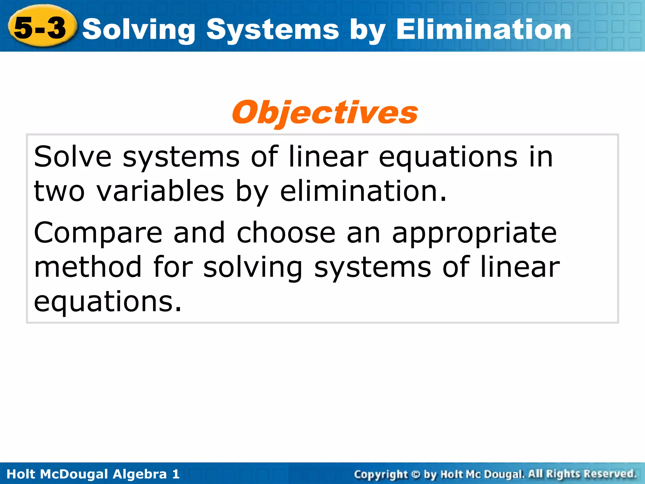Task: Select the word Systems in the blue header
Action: pos(273,30)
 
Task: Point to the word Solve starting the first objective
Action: pos(73,157)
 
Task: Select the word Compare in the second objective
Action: pos(98,233)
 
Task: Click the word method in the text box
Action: pos(88,267)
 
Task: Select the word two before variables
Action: pos(59,191)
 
